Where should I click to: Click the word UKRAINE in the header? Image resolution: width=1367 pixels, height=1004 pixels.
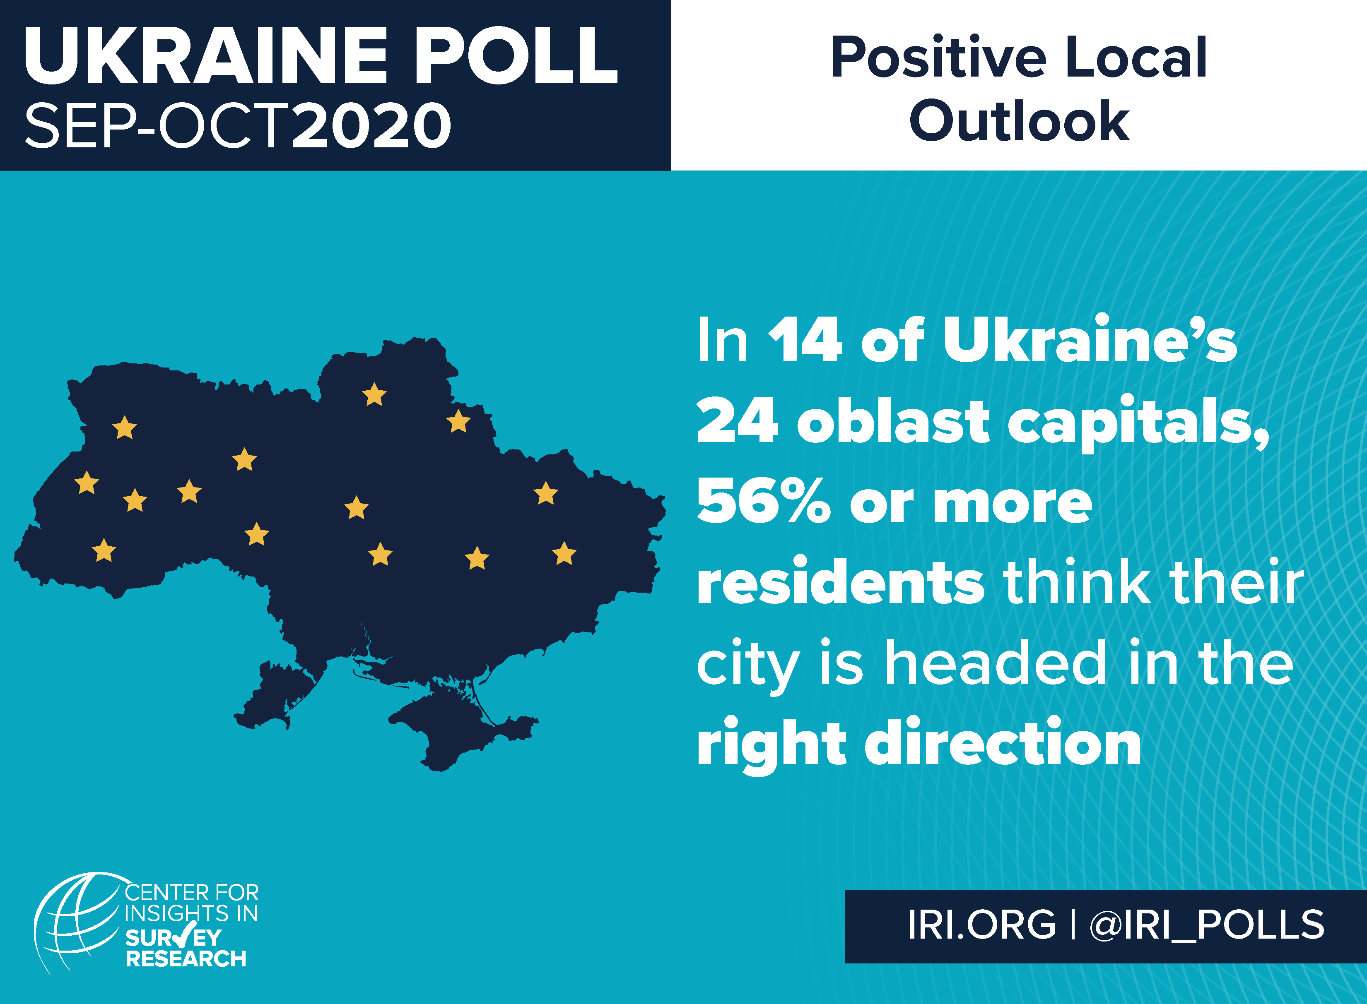coord(205,56)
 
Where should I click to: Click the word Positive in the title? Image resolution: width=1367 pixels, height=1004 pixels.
coord(938,58)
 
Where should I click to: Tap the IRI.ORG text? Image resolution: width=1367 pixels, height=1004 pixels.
coord(981,925)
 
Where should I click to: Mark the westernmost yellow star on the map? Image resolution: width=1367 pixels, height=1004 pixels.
coord(87,483)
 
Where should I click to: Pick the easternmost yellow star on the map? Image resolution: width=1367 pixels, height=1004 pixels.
coord(564,554)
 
